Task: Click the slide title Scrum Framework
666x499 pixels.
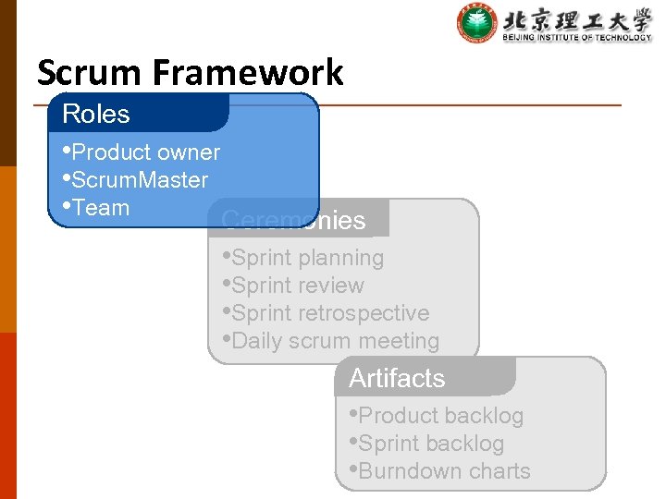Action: (190, 72)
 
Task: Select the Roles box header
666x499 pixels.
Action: (96, 115)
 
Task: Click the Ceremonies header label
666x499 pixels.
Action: (294, 221)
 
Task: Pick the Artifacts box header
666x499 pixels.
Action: (397, 379)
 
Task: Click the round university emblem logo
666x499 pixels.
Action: (477, 23)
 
